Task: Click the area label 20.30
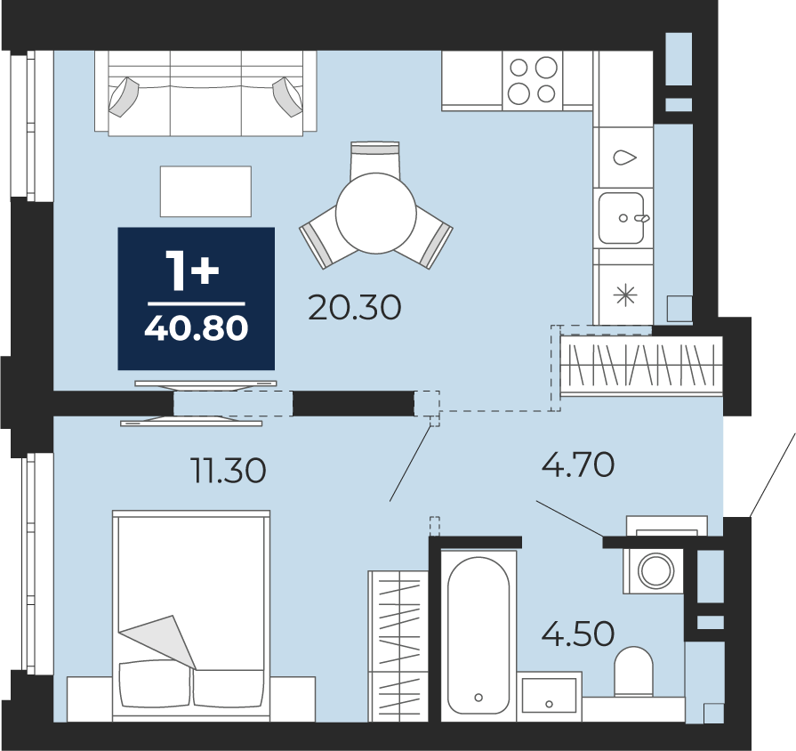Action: click(354, 308)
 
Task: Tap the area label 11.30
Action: click(229, 470)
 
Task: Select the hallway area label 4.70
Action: click(578, 464)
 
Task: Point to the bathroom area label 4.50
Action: click(578, 634)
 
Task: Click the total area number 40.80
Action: click(197, 328)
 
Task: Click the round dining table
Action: click(376, 214)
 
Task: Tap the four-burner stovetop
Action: click(533, 81)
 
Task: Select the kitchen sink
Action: click(622, 218)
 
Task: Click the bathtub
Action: click(478, 634)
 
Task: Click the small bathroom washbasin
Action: click(549, 695)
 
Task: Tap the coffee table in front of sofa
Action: click(205, 191)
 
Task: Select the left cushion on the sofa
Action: click(123, 96)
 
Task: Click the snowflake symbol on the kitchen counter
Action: click(625, 295)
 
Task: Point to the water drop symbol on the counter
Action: click(625, 157)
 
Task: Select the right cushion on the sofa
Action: click(288, 96)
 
